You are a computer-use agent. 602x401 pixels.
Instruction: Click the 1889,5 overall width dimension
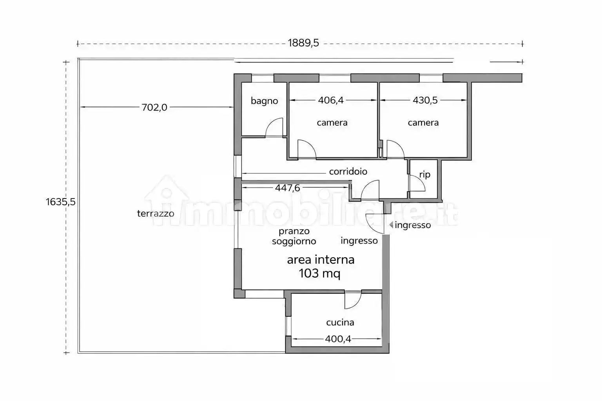pos(303,43)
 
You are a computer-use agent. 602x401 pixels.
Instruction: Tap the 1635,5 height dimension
pos(60,202)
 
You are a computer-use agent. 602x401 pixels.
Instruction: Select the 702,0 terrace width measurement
pos(154,107)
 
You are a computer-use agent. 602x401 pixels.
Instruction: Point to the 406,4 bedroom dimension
pos(331,100)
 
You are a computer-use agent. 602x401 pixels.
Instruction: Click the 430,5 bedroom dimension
pos(425,100)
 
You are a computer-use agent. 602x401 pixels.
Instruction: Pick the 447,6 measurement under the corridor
pos(287,188)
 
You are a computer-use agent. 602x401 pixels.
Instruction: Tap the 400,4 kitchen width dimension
pos(338,339)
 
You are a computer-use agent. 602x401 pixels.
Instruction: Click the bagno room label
pos(264,101)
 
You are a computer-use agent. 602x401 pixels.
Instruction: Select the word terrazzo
pos(156,213)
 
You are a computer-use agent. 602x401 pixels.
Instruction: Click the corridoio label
pos(348,172)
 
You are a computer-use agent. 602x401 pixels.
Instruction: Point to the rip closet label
pos(424,175)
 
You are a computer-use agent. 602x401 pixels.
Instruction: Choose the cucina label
pos(340,322)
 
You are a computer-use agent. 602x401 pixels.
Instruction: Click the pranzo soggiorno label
pos(294,236)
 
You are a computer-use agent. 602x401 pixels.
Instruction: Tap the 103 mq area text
pos(319,273)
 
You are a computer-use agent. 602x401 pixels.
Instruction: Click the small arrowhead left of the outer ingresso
pos(391,225)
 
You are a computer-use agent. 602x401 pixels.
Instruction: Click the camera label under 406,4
pos(332,123)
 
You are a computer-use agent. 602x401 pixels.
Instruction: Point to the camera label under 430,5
pos(423,123)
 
